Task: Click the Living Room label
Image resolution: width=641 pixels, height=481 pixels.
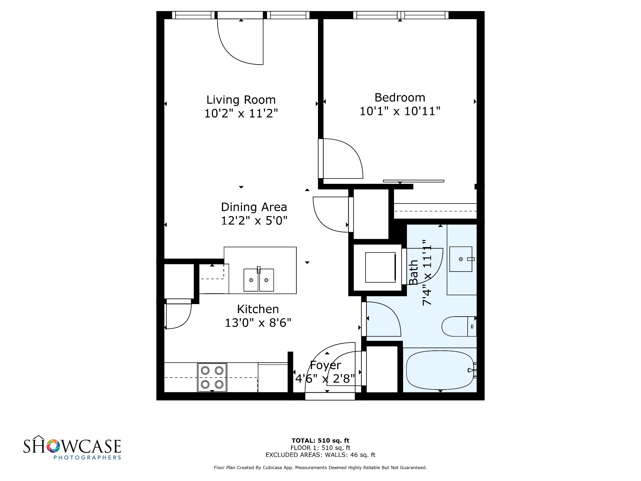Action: click(x=241, y=100)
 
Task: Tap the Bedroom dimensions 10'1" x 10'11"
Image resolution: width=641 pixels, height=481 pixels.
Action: click(x=400, y=111)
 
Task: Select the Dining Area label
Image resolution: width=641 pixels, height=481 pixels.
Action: click(x=254, y=207)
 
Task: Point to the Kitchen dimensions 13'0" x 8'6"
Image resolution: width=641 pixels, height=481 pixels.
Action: click(x=258, y=323)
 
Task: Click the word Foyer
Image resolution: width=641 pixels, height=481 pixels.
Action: click(x=326, y=365)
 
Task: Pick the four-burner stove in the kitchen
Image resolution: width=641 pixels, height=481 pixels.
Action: click(x=212, y=377)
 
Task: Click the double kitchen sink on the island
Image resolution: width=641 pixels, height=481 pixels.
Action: click(x=259, y=280)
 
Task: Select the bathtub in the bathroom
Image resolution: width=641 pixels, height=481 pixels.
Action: click(x=440, y=370)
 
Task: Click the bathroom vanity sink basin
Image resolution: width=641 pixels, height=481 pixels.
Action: click(x=461, y=259)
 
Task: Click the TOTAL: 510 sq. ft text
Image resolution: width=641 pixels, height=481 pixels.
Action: click(x=320, y=441)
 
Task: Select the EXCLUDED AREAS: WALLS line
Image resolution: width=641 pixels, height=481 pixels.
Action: click(x=320, y=455)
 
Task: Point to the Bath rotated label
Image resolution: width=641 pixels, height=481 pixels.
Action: click(x=414, y=272)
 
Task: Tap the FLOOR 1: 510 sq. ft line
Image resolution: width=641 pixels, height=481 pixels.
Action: click(x=320, y=448)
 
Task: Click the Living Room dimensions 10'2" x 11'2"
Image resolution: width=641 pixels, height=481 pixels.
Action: click(x=241, y=113)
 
